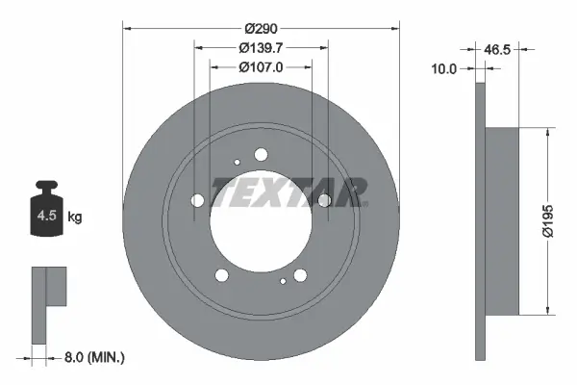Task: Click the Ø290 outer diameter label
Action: click(261, 29)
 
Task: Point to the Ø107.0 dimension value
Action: click(261, 68)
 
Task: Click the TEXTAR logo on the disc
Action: click(288, 192)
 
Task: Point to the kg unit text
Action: click(75, 218)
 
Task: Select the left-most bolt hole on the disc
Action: click(198, 200)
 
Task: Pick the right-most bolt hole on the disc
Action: click(324, 199)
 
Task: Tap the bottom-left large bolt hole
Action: click(223, 275)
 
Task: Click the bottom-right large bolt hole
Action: click(299, 275)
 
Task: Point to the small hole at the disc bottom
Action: click(282, 282)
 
